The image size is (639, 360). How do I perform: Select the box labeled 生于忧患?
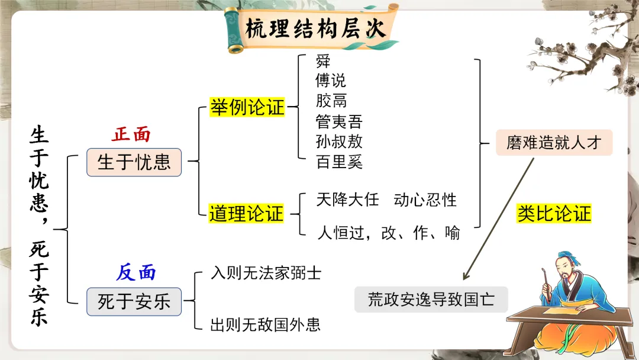(x=134, y=162)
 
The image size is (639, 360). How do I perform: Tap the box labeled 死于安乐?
(x=134, y=302)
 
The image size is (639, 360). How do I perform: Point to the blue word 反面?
(x=136, y=272)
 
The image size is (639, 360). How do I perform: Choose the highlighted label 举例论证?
(x=247, y=108)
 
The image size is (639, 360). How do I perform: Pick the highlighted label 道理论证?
(x=247, y=214)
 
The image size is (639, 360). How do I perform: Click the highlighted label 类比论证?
(x=554, y=214)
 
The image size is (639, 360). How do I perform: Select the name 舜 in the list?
(x=323, y=62)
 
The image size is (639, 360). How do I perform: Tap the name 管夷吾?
(x=338, y=122)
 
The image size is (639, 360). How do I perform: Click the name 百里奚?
(x=338, y=162)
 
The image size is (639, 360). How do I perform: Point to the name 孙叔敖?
(x=338, y=142)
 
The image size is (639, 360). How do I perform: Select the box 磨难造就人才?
(x=554, y=143)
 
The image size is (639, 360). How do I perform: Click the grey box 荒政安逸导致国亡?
(x=431, y=300)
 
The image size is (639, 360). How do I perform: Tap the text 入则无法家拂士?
(x=266, y=273)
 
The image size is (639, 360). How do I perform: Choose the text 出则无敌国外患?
(x=266, y=324)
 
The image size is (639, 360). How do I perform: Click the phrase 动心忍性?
(x=425, y=200)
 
